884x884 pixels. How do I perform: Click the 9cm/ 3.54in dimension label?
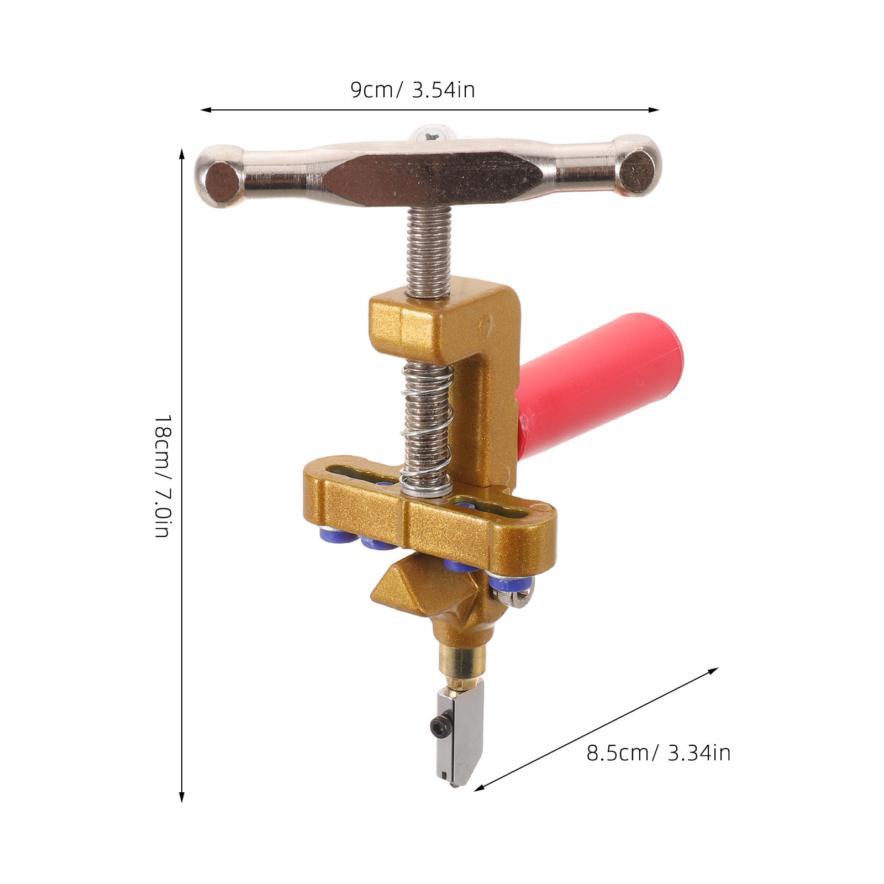413,90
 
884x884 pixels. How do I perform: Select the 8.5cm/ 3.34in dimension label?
659,753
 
